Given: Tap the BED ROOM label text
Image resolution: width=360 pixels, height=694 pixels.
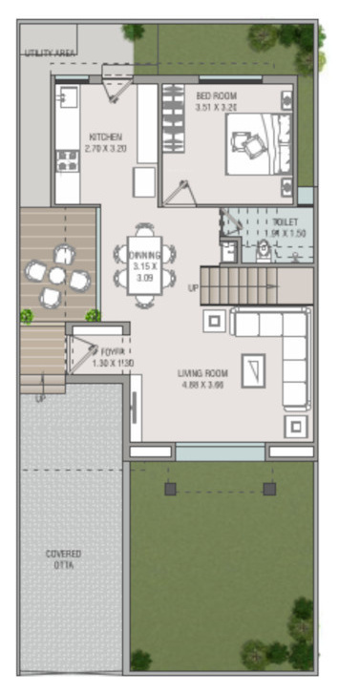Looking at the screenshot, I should click(x=217, y=95).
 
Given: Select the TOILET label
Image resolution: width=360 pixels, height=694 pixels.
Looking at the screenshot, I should click(x=285, y=221).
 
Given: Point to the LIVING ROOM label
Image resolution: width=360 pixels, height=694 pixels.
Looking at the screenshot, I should click(x=201, y=373).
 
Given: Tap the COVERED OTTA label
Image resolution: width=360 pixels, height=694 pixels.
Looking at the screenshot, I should click(x=64, y=559).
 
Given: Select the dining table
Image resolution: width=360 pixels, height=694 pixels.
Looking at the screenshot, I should click(x=145, y=265).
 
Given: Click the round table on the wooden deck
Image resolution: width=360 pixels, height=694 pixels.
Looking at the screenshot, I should click(x=57, y=276).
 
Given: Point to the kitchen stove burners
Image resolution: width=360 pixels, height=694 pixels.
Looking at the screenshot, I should click(x=67, y=159).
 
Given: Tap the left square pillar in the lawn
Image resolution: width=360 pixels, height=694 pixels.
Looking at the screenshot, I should click(x=170, y=489).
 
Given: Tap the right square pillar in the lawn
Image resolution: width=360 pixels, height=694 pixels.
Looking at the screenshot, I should click(x=269, y=489).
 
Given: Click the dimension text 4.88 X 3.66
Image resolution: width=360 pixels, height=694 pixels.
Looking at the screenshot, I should click(x=201, y=385).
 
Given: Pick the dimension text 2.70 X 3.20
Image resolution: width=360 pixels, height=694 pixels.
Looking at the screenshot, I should click(x=105, y=149).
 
